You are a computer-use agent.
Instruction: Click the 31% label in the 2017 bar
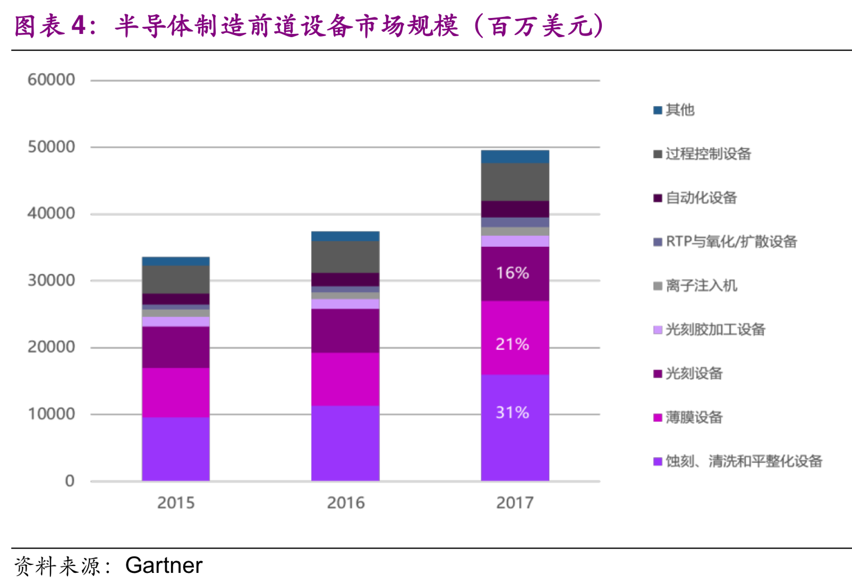(512, 413)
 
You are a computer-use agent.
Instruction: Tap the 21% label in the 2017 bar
(512, 344)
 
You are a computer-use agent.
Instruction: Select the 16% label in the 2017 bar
(512, 273)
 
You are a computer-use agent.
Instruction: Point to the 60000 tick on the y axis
(51, 80)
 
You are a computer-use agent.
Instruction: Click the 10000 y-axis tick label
(51, 414)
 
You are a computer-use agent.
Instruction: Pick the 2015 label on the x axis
(176, 502)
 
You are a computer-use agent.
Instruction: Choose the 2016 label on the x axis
(346, 502)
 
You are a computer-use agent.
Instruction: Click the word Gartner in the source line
(164, 565)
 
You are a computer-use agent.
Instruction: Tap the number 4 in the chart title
(79, 25)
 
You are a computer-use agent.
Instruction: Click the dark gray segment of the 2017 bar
(515, 182)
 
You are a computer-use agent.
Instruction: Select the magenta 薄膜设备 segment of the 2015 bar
(176, 392)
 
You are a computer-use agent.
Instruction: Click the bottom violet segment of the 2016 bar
(345, 443)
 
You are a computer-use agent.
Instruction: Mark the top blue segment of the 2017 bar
(515, 157)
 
